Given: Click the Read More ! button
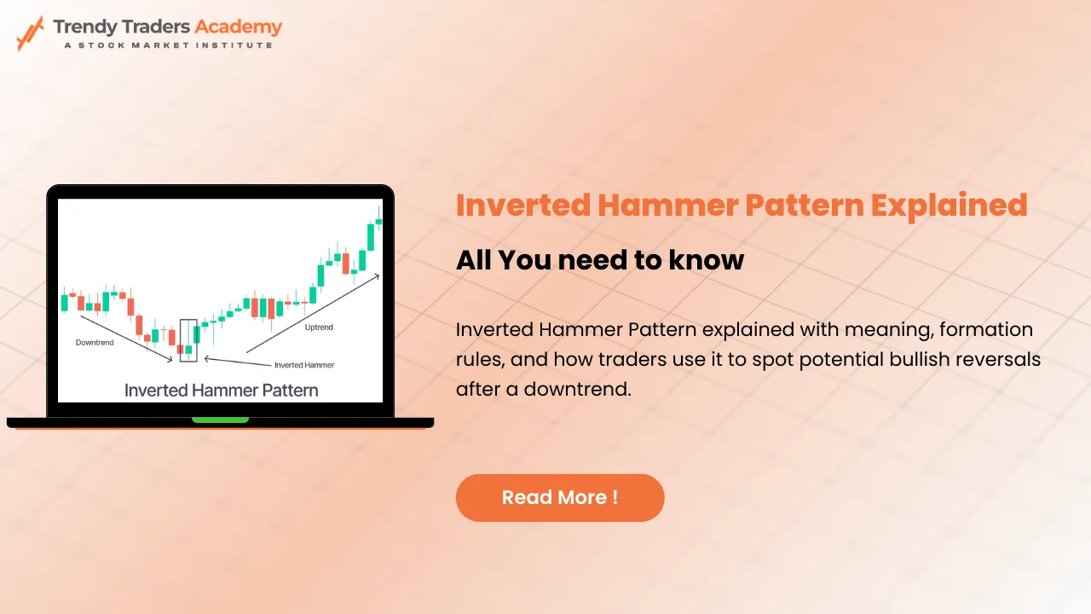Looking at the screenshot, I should point(560,498).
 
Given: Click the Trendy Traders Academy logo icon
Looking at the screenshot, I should point(30,33).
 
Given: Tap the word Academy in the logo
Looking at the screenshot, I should point(238,26).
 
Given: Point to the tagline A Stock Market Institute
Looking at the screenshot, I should point(169,44).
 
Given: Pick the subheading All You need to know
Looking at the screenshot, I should point(600,260).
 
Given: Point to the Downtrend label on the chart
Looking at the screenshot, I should point(94,342).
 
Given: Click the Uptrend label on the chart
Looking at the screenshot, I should point(319,327).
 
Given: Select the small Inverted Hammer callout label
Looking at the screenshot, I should point(303,365).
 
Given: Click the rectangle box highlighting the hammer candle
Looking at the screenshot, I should point(188,340).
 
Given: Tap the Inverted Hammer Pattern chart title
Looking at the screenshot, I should point(221,391).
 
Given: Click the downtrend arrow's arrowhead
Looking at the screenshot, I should point(170,360).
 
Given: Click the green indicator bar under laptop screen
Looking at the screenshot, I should point(220,420).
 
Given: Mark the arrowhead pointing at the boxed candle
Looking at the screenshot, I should point(207,359).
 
